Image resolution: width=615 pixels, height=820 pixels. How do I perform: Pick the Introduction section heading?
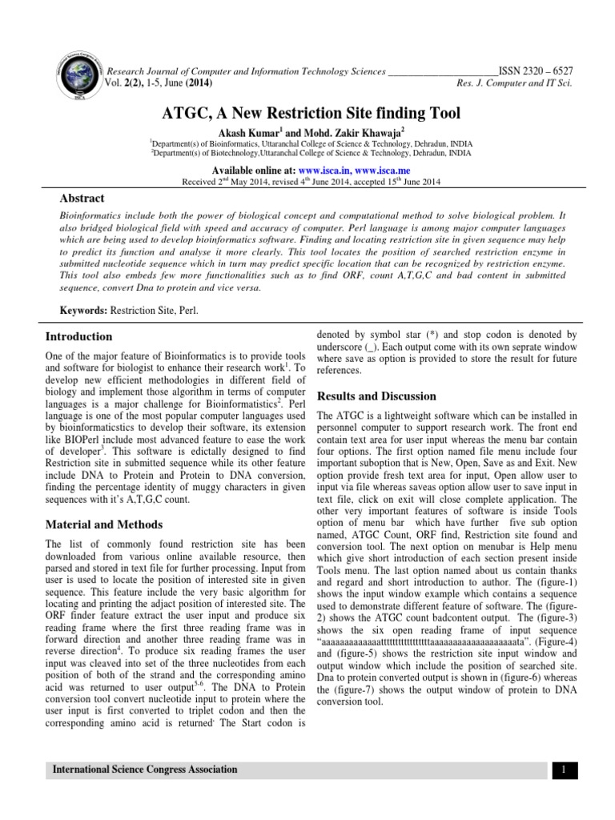point(78,336)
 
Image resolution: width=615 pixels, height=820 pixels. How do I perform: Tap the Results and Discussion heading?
point(376,396)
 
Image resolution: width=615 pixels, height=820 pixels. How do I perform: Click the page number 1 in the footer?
point(564,770)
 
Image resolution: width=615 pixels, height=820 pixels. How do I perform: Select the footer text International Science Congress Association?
point(145,770)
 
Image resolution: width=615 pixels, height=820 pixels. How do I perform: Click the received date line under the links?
point(307,182)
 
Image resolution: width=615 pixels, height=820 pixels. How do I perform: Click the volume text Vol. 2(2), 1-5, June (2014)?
point(159,82)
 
